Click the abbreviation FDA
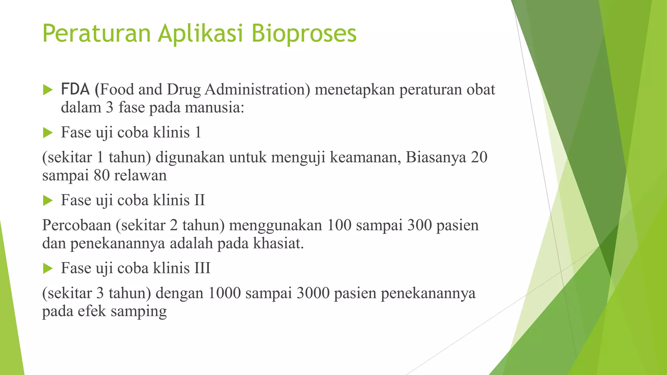(75, 90)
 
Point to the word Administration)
(257, 90)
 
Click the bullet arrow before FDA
(48, 90)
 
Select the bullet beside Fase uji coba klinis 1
(48, 132)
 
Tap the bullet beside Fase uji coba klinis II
(48, 201)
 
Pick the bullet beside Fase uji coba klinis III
(48, 269)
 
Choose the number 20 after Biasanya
(479, 157)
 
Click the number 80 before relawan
(102, 175)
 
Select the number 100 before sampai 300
(339, 225)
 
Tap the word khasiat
(278, 243)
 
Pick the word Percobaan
(77, 225)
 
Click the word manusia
(214, 108)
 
